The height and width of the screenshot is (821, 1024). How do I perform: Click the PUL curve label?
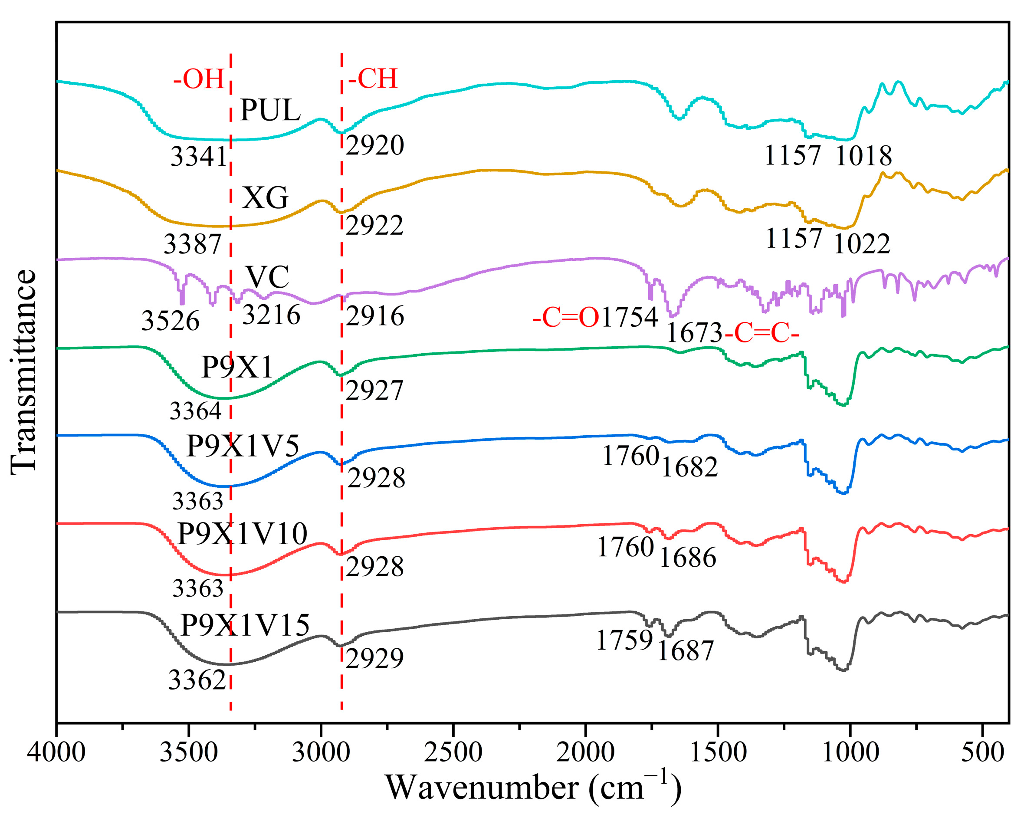[x=270, y=110]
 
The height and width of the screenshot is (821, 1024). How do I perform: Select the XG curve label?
[x=265, y=197]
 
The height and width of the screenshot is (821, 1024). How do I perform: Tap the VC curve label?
[x=267, y=276]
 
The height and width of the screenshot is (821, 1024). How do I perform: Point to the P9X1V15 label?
[x=245, y=625]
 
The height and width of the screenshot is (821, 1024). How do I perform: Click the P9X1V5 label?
[x=243, y=446]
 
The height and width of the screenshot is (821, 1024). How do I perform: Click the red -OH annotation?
[x=199, y=79]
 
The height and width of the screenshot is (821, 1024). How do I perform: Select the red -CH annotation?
[x=372, y=79]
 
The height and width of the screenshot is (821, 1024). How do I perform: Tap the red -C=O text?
[x=566, y=317]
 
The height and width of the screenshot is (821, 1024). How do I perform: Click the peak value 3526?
[x=170, y=321]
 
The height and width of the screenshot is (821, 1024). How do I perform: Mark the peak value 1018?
[x=863, y=156]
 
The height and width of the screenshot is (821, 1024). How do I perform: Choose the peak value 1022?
[x=862, y=244]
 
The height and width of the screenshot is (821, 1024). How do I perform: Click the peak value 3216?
[x=271, y=315]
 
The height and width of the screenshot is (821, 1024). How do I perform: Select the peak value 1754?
[x=629, y=317]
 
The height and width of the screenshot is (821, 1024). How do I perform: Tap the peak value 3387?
[x=192, y=244]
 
